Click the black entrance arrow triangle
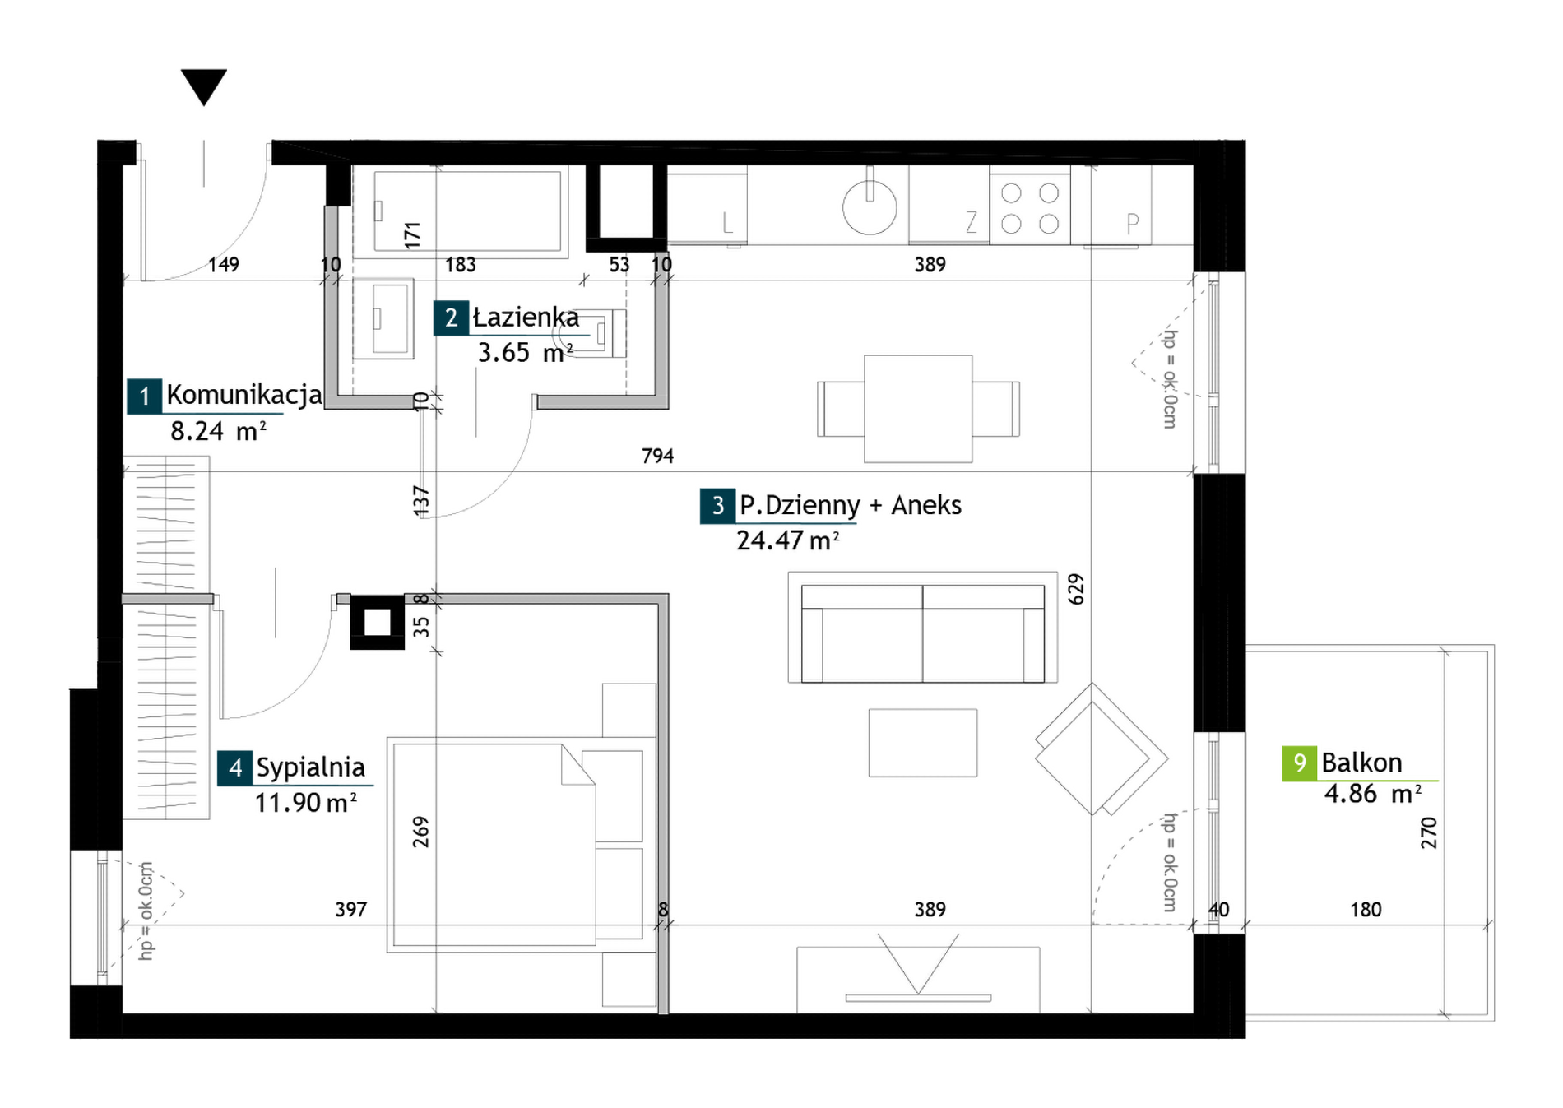(203, 86)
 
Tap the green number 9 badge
(1299, 763)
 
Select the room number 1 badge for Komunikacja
(144, 396)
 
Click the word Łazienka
(526, 318)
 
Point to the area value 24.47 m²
(788, 540)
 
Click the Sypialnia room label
(310, 767)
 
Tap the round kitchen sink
(870, 206)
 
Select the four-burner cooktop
(1030, 206)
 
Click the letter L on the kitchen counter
(727, 223)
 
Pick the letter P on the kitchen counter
(1133, 223)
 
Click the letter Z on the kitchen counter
(972, 222)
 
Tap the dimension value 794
(657, 456)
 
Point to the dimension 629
(1076, 590)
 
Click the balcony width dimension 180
(1366, 910)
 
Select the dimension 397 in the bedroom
(350, 910)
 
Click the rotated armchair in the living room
(1101, 749)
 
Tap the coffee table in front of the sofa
(923, 743)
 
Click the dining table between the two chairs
(918, 409)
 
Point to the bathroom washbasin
(383, 319)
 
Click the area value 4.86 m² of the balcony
(1373, 794)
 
